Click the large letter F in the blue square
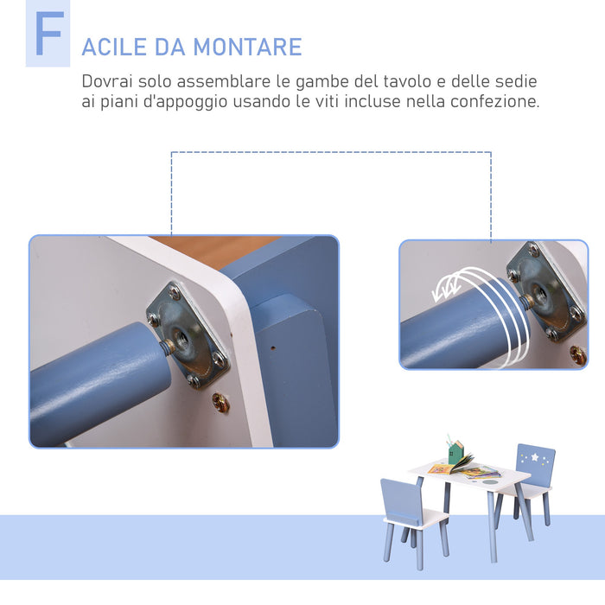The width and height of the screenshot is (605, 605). (x=48, y=35)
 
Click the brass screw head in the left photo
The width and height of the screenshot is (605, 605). (x=221, y=402)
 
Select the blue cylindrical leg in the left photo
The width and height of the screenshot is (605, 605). (x=95, y=380)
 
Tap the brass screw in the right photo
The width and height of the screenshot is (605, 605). (x=577, y=354)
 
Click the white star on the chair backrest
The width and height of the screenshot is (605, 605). (x=537, y=456)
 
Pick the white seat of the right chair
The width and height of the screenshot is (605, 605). (x=524, y=490)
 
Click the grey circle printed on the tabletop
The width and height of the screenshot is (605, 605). (x=491, y=481)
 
